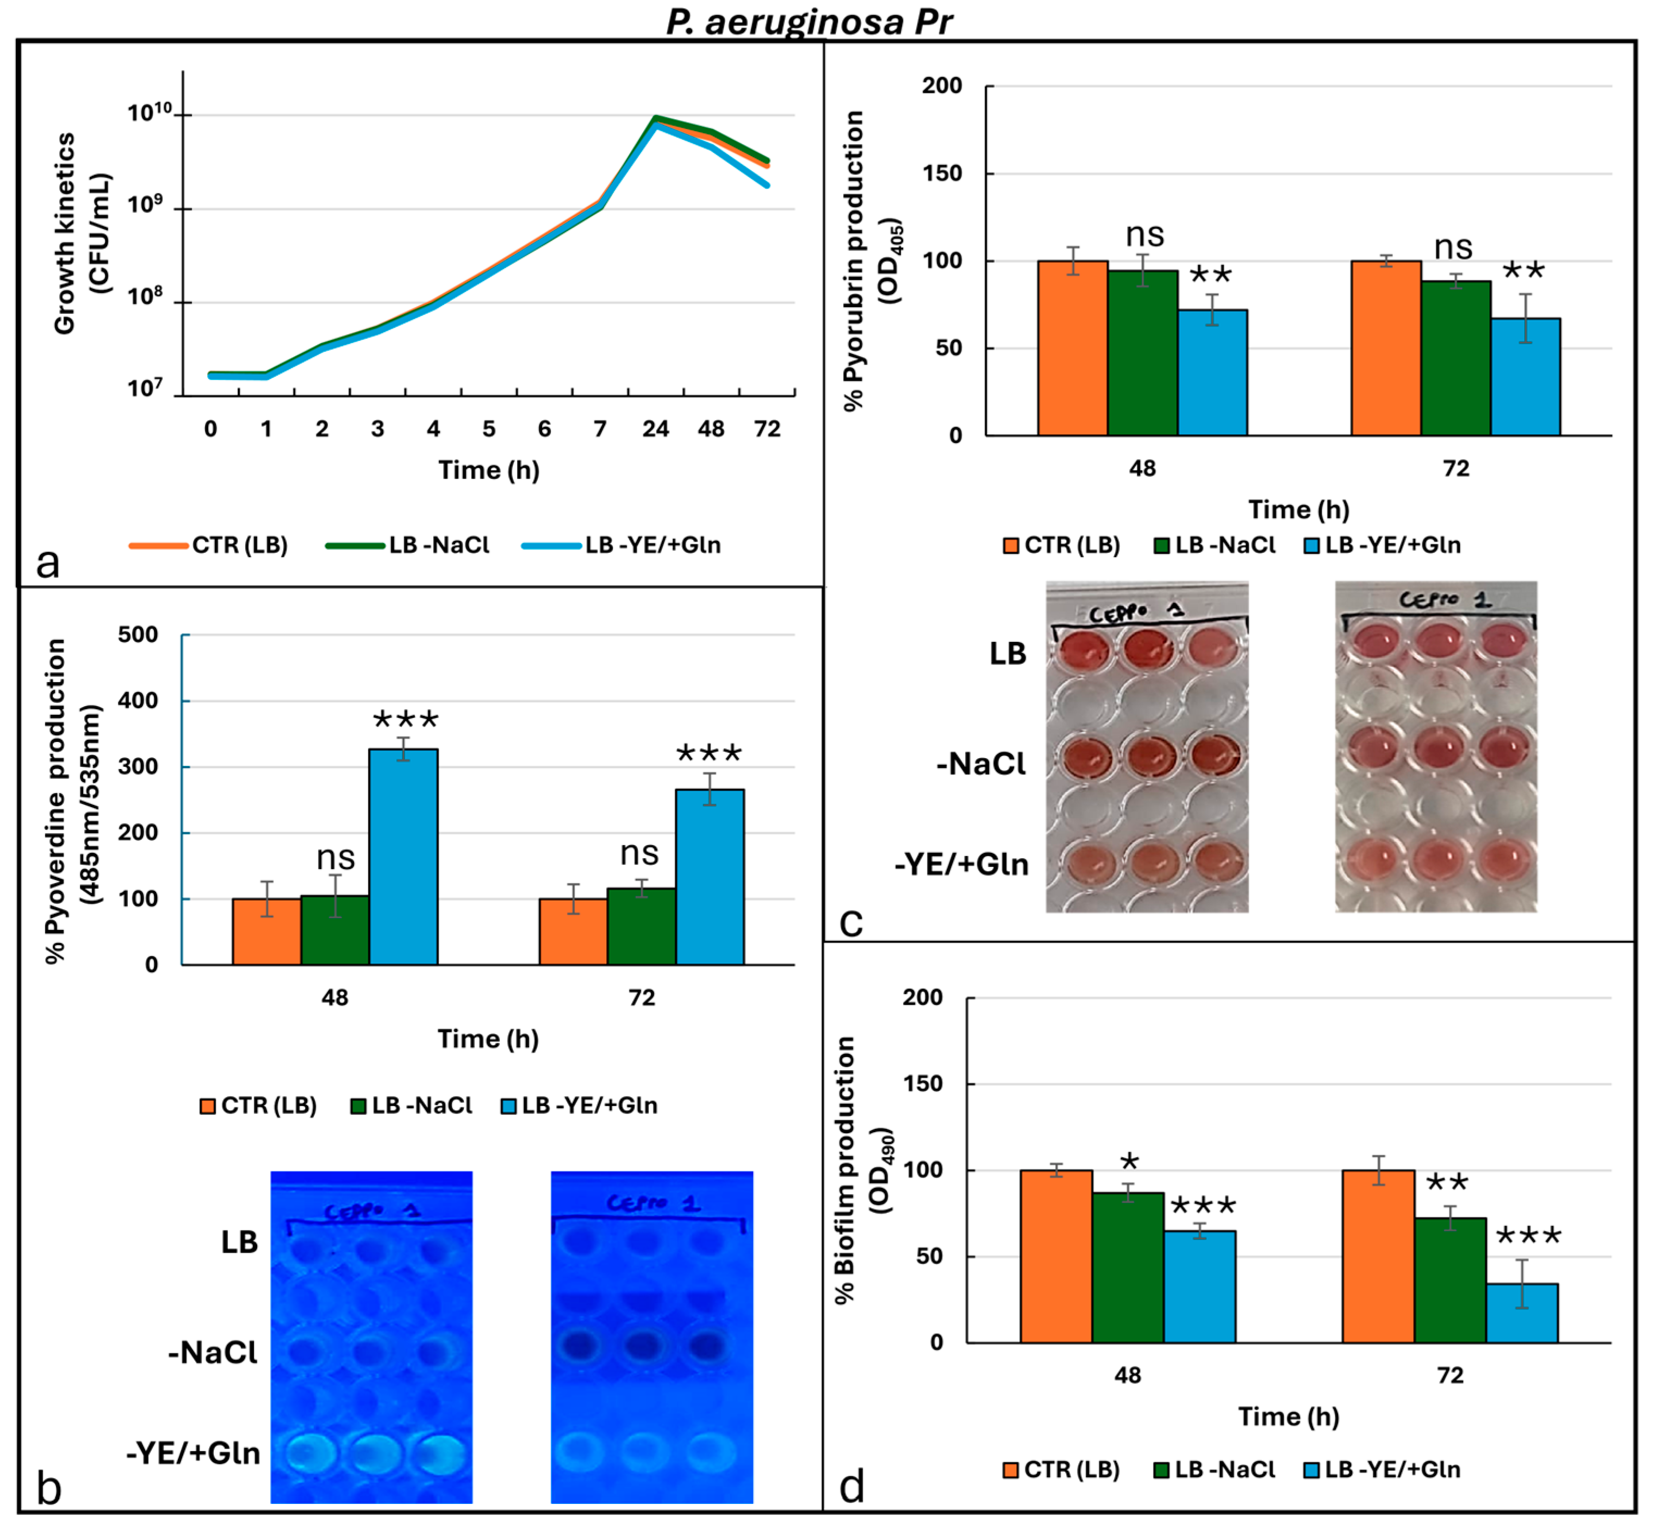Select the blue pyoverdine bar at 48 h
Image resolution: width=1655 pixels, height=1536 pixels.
tap(403, 856)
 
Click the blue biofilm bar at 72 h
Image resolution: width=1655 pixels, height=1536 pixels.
tap(1521, 1313)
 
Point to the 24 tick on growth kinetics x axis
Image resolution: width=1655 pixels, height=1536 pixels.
tap(655, 429)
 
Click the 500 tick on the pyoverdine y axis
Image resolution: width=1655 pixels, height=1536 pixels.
tap(138, 635)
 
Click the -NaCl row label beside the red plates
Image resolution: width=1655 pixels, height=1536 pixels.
tap(981, 764)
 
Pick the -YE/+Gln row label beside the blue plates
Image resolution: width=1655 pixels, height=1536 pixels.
tap(193, 1453)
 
